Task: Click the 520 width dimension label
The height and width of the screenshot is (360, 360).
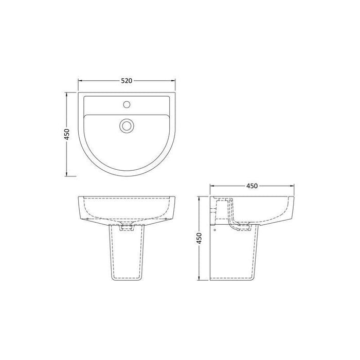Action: pos(127,81)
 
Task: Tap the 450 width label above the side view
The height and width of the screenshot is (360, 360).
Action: pos(251,186)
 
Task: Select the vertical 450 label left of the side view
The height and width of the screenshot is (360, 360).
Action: pos(200,239)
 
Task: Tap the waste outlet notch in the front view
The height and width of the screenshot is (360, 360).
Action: pos(126,226)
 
